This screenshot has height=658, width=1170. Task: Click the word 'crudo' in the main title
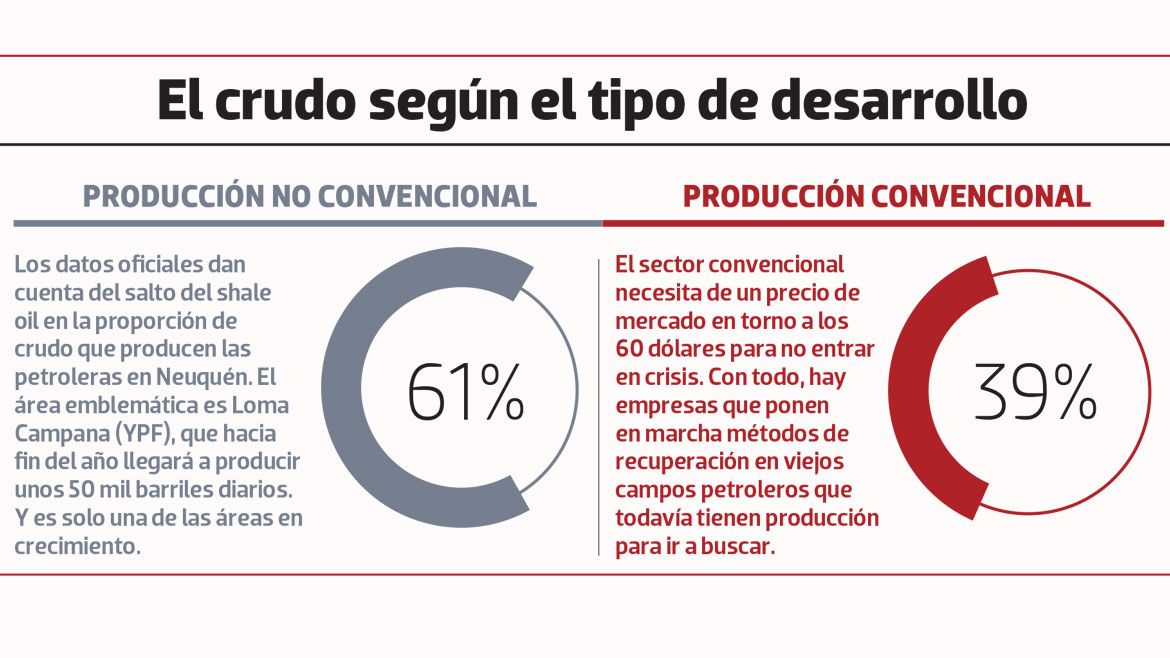282,101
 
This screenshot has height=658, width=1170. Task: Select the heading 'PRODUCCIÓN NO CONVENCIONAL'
309,196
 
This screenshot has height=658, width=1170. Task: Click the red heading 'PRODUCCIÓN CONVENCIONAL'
886,196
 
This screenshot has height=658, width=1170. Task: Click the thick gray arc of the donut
345,390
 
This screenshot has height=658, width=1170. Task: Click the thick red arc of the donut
910,390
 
